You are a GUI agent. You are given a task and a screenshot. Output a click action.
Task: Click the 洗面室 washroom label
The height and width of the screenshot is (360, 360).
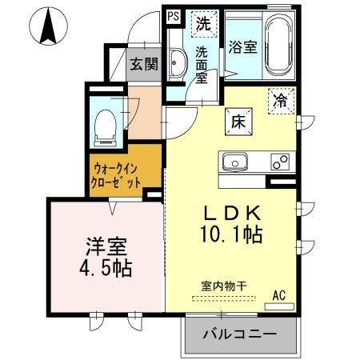[203, 65]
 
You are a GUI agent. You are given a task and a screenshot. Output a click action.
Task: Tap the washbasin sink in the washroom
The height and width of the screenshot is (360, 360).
[178, 70]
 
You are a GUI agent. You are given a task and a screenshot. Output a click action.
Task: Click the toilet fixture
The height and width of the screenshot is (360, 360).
[104, 126]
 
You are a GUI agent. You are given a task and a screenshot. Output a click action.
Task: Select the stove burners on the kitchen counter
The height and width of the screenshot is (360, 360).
[280, 161]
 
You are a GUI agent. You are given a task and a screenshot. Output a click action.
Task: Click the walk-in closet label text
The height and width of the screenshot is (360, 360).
[117, 175]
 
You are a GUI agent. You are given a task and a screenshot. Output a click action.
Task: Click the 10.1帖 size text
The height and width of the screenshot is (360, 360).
[233, 237]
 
